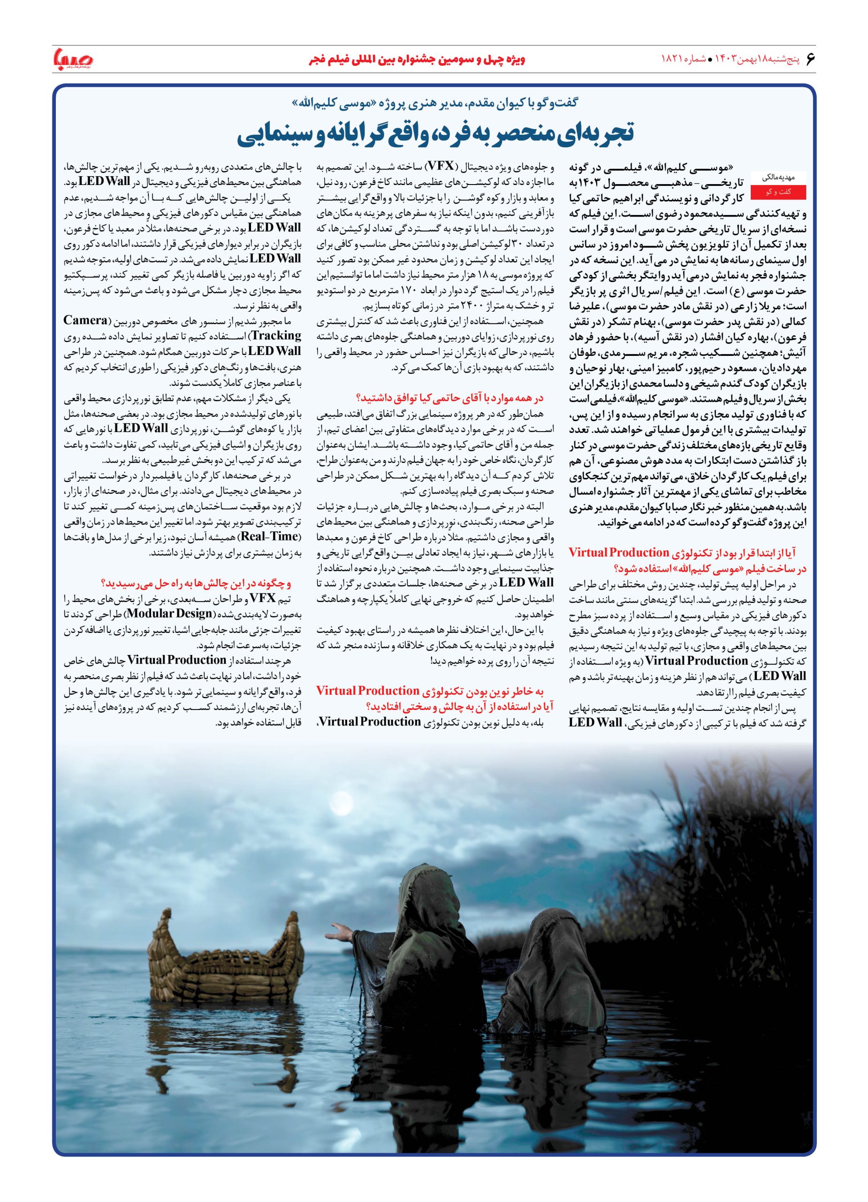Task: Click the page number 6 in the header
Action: point(809,58)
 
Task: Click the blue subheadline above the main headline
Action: point(434,103)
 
